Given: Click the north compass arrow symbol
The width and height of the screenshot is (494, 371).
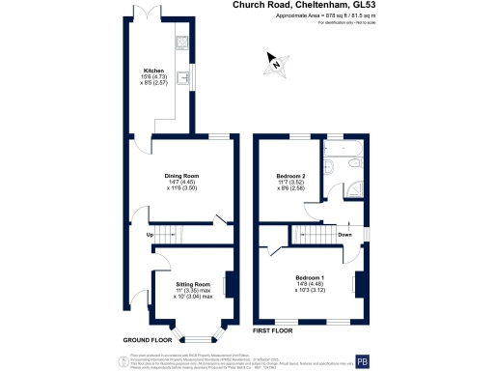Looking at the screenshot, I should [275, 66].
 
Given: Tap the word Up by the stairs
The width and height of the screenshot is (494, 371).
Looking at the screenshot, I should [150, 235].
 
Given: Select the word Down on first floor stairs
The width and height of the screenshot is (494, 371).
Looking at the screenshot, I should [344, 235].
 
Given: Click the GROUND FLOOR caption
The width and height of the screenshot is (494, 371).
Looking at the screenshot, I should [148, 340].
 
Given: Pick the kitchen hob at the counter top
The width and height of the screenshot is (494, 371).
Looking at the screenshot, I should [180, 43].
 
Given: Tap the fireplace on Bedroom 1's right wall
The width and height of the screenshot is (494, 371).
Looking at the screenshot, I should [361, 284].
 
